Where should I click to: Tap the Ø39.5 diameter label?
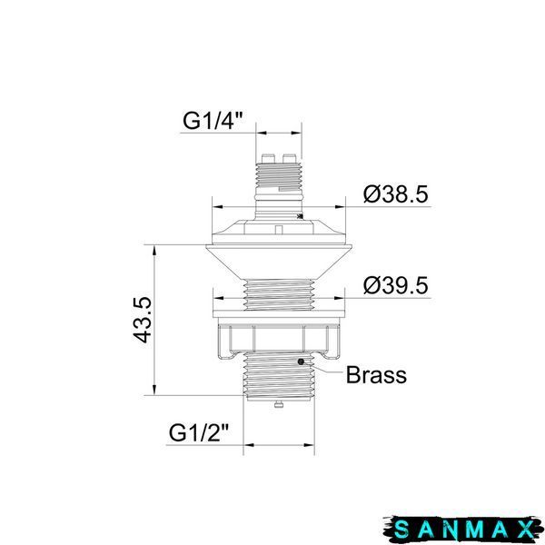point(395,285)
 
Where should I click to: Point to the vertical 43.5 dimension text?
point(143,320)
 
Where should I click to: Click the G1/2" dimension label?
point(199,432)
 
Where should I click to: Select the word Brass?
point(376,374)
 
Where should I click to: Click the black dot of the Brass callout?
point(301,362)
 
